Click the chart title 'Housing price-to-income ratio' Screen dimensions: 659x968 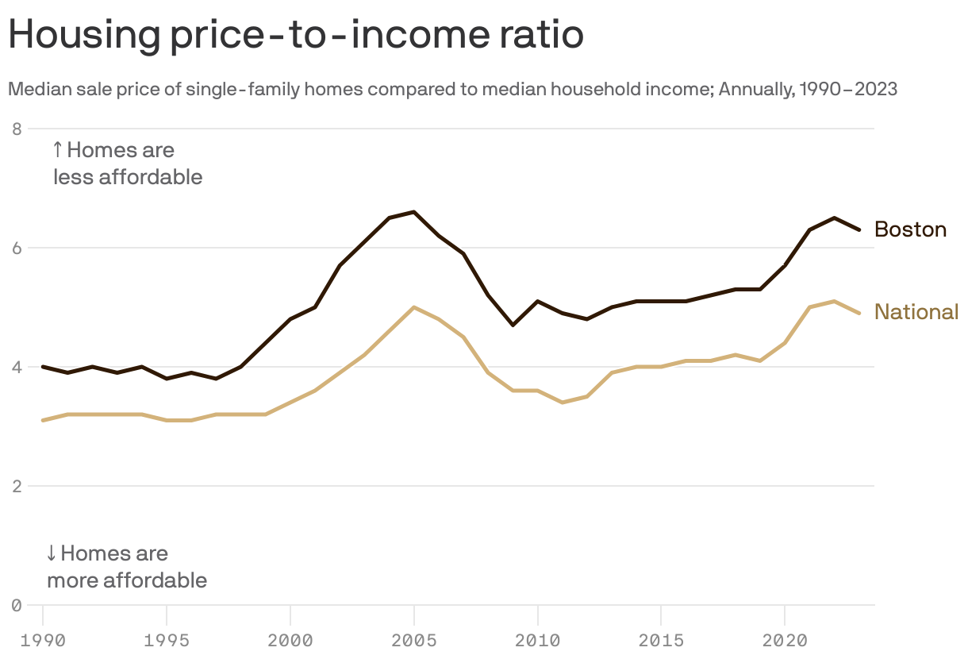(x=295, y=36)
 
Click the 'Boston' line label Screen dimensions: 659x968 (x=910, y=229)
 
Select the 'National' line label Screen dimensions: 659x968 (x=916, y=312)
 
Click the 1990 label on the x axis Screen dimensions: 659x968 (x=43, y=640)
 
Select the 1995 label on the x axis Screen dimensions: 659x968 (x=167, y=640)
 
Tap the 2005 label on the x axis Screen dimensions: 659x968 (x=414, y=640)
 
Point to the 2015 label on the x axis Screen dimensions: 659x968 (x=661, y=640)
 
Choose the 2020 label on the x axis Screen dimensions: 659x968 (x=785, y=640)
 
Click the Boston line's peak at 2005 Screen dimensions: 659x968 (x=414, y=212)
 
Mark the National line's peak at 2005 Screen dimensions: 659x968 (x=414, y=307)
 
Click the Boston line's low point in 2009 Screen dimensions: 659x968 (x=513, y=325)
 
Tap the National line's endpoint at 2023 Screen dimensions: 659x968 (x=859, y=313)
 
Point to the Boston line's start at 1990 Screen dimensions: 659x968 (x=43, y=367)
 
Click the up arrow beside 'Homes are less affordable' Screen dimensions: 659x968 (x=57, y=149)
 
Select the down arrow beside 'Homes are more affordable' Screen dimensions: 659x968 (x=52, y=553)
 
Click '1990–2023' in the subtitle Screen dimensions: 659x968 (x=848, y=89)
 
